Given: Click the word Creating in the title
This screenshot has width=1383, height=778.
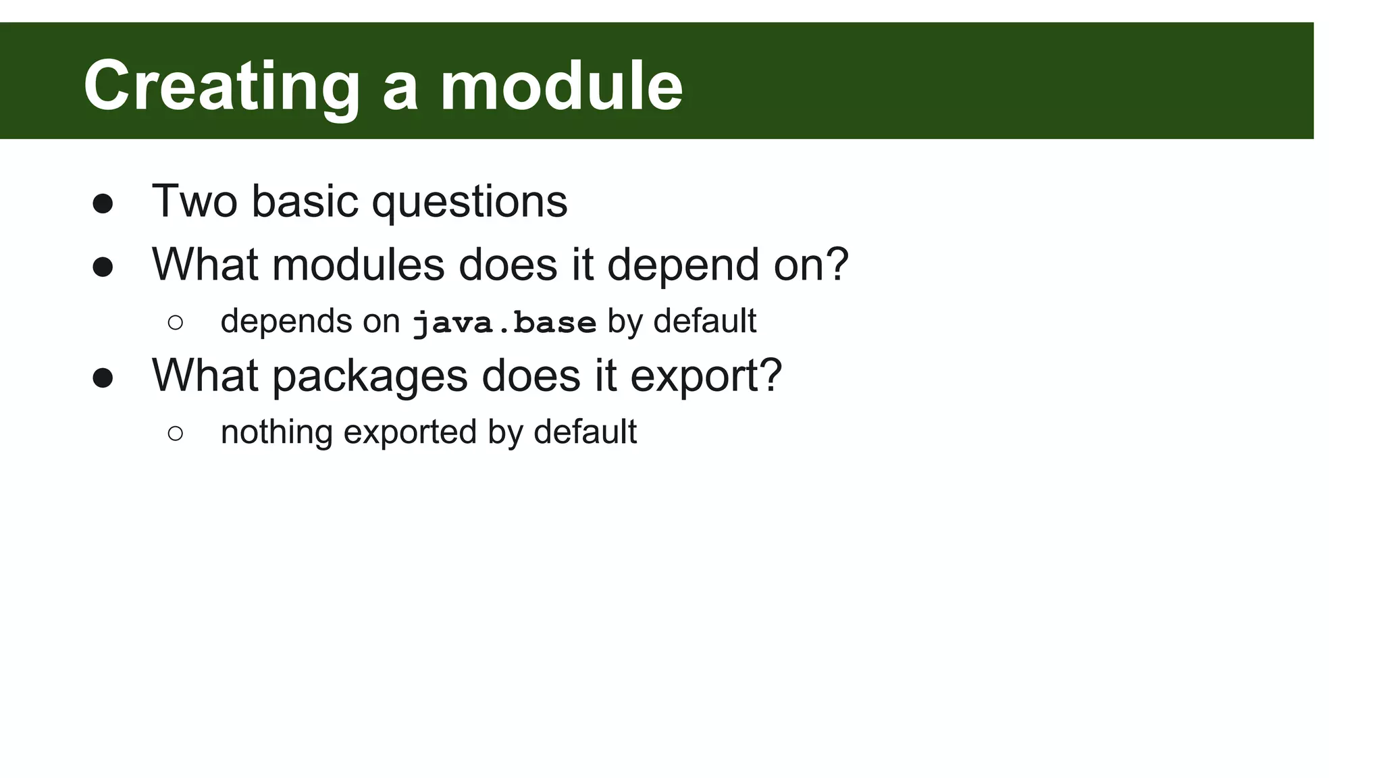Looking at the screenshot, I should click(221, 86).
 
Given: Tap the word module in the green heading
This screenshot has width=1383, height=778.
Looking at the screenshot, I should click(561, 86).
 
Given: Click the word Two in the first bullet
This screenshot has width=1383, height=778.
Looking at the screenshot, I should click(194, 201).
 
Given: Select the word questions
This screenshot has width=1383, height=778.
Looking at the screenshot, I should click(469, 201).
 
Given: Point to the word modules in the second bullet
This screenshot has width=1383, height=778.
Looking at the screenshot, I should click(359, 264).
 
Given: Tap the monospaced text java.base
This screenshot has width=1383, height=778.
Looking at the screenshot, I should click(504, 322).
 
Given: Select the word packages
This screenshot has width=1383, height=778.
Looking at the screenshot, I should click(370, 375).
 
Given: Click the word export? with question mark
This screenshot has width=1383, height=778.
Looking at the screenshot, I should click(706, 375).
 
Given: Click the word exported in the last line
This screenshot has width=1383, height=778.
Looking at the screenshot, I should click(410, 432).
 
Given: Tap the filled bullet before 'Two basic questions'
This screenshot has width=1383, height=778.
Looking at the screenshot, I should click(103, 204).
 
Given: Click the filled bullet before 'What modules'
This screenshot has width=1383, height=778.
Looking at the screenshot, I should click(103, 267).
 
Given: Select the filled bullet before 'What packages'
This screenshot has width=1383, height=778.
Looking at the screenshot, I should click(103, 378).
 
